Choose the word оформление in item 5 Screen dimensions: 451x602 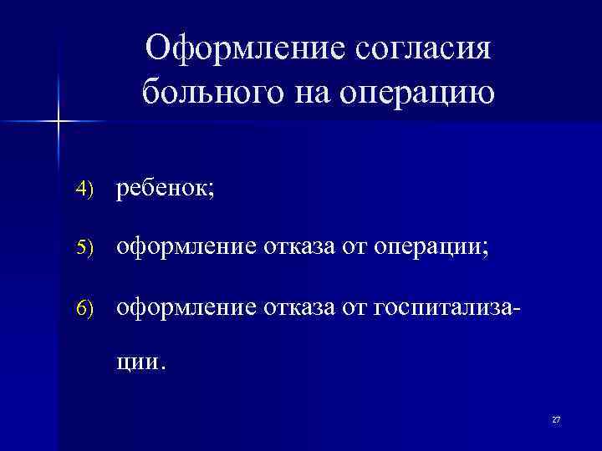pyautogui.click(x=188, y=246)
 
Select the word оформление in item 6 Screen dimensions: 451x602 pyautogui.click(x=188, y=307)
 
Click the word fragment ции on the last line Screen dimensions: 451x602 pyautogui.click(x=140, y=362)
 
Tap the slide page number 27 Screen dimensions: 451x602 pyautogui.click(x=556, y=419)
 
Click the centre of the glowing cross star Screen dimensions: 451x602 pyautogui.click(x=59, y=122)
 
